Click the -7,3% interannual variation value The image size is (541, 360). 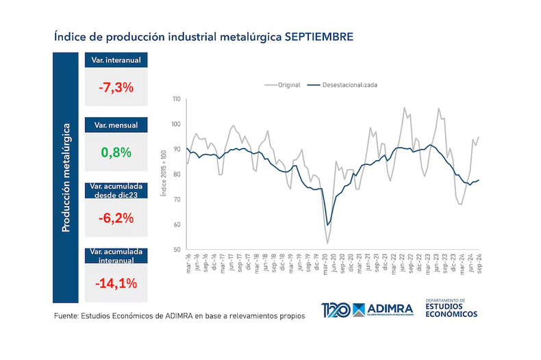[115, 88]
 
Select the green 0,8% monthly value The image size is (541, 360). [115, 153]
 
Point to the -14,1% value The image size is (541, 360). [115, 283]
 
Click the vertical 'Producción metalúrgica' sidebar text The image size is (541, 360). [66, 177]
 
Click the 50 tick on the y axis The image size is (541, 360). [177, 250]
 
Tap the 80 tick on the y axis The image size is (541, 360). [177, 175]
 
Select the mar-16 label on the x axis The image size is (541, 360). [187, 264]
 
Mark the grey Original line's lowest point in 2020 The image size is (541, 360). [328, 243]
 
